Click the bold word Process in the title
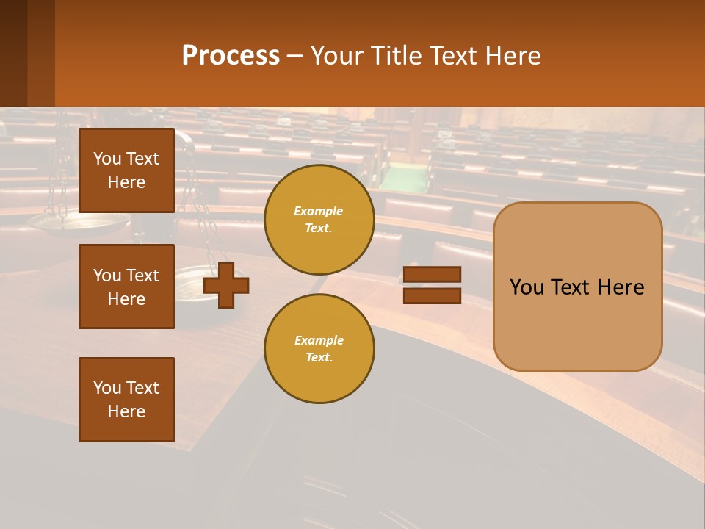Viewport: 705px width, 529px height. click(231, 55)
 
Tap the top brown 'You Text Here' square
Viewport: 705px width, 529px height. click(126, 170)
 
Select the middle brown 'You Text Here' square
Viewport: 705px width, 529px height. click(126, 287)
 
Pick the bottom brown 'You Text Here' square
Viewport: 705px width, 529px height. click(126, 399)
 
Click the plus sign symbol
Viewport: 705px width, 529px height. click(226, 284)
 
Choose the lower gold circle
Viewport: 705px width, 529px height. click(319, 348)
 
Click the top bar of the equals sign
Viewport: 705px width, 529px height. click(432, 274)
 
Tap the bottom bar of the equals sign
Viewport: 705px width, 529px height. click(432, 295)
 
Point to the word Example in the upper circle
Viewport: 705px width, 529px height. click(319, 211)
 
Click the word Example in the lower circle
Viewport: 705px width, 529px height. click(319, 340)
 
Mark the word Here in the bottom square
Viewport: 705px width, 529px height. click(126, 411)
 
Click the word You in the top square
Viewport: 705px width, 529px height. click(107, 159)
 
